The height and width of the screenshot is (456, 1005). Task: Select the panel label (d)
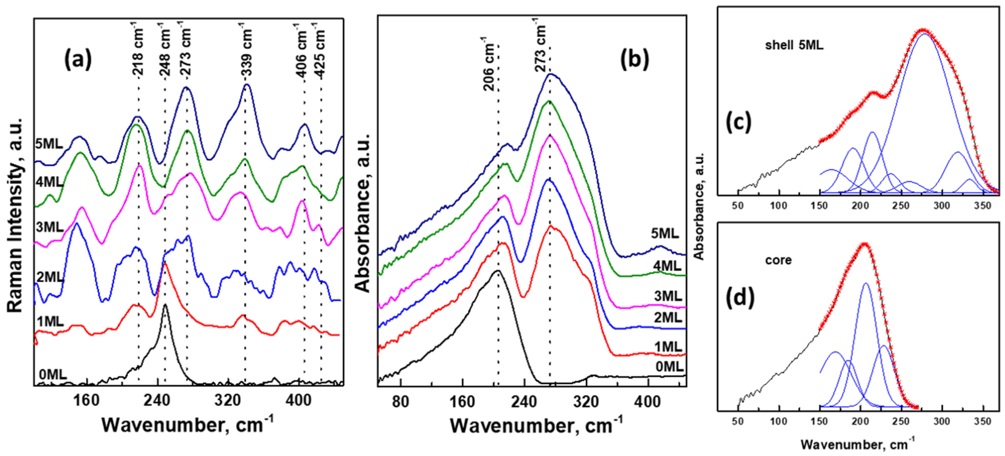pyautogui.click(x=740, y=296)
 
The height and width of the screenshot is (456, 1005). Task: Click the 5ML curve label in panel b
pyautogui.click(x=665, y=233)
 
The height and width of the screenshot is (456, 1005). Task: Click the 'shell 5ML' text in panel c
pyautogui.click(x=794, y=46)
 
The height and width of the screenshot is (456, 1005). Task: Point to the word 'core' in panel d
pyautogui.click(x=778, y=260)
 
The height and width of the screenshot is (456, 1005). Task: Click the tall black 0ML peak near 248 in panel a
pyautogui.click(x=165, y=306)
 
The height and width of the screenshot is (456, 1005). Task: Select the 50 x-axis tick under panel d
pyautogui.click(x=738, y=422)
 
